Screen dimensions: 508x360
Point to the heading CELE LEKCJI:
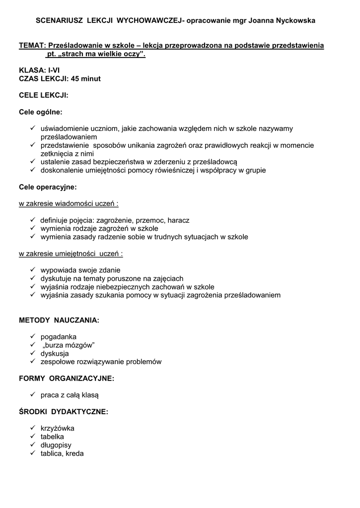point(43,95)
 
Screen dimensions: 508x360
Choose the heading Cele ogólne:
point(41,112)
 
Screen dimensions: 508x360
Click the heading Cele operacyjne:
point(48,187)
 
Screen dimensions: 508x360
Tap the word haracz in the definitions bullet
point(178,220)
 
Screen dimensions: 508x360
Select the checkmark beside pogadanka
point(32,337)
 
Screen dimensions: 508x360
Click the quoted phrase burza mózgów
point(69,345)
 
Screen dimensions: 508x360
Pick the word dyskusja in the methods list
point(55,354)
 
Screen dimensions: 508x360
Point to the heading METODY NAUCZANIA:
point(59,320)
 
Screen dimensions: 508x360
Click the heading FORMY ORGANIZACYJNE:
point(67,379)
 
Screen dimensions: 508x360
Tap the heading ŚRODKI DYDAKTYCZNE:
point(64,412)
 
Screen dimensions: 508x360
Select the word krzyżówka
point(58,428)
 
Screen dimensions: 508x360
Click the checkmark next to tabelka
point(32,437)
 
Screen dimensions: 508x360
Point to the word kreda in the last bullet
point(74,453)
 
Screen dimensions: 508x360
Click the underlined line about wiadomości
point(69,203)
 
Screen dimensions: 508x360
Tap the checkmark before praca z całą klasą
point(32,395)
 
